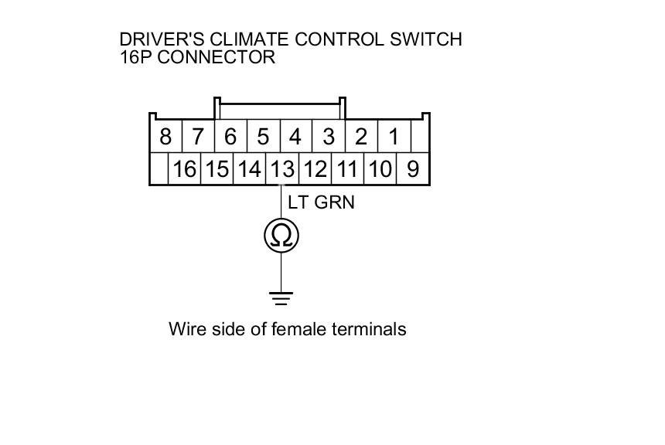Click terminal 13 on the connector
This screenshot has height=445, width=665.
coord(282,169)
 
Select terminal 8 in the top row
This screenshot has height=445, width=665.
coord(165,138)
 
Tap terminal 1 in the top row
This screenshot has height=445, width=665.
coord(394,138)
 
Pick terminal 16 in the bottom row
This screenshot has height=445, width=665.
coord(184,169)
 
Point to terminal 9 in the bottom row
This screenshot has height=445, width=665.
coord(412,169)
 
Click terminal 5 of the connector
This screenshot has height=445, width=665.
coord(263,138)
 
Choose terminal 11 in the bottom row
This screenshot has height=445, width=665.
coord(347,169)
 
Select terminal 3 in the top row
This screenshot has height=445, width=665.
coord(329,138)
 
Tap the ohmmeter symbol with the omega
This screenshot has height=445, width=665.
coord(281,236)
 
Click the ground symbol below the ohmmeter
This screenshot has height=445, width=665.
coord(281,296)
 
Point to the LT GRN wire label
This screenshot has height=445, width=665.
coord(321,202)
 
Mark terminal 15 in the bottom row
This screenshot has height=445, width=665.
coord(217,169)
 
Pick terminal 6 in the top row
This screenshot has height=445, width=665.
coord(230,138)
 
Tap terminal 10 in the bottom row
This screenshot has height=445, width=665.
coord(380,169)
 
